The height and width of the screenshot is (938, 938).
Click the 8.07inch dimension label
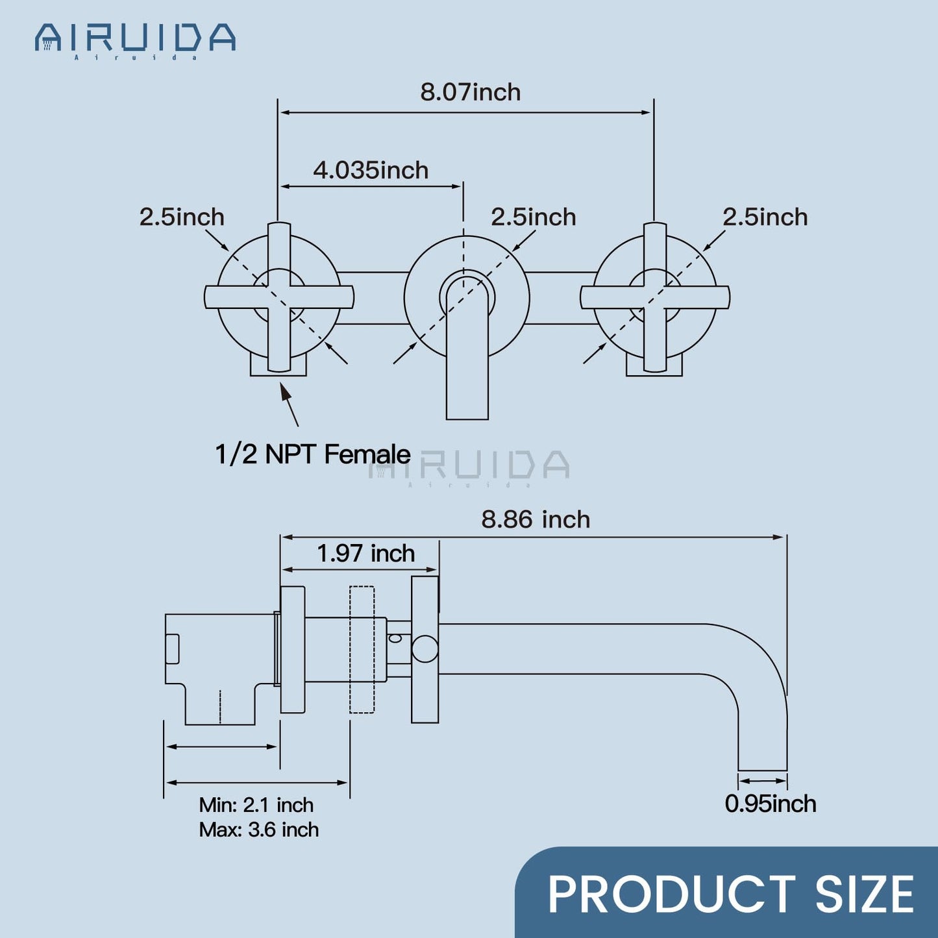click(470, 92)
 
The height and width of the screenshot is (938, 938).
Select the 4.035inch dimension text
click(371, 170)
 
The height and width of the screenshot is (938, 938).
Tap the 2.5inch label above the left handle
click(182, 217)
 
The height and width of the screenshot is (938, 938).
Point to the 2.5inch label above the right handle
click(765, 217)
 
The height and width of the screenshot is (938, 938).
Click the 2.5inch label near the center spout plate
click(533, 217)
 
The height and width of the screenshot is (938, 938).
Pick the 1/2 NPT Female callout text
click(312, 454)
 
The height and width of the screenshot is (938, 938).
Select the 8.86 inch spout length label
click(536, 519)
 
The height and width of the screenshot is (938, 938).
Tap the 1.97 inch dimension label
click(365, 554)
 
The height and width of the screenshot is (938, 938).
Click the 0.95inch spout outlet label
click(770, 804)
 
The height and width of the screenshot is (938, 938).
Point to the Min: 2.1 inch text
click(256, 805)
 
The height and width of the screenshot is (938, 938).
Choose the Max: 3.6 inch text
click(259, 830)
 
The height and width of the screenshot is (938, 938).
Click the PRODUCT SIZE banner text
click(731, 895)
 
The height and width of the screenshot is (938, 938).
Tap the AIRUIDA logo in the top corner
click(135, 39)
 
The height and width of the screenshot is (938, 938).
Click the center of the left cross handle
click(279, 297)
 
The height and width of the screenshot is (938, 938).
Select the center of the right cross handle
click(654, 297)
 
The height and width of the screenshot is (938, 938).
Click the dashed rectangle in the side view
click(362, 649)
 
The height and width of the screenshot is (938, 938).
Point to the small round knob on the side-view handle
click(425, 649)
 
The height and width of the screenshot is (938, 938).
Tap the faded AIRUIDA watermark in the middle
click(469, 465)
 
